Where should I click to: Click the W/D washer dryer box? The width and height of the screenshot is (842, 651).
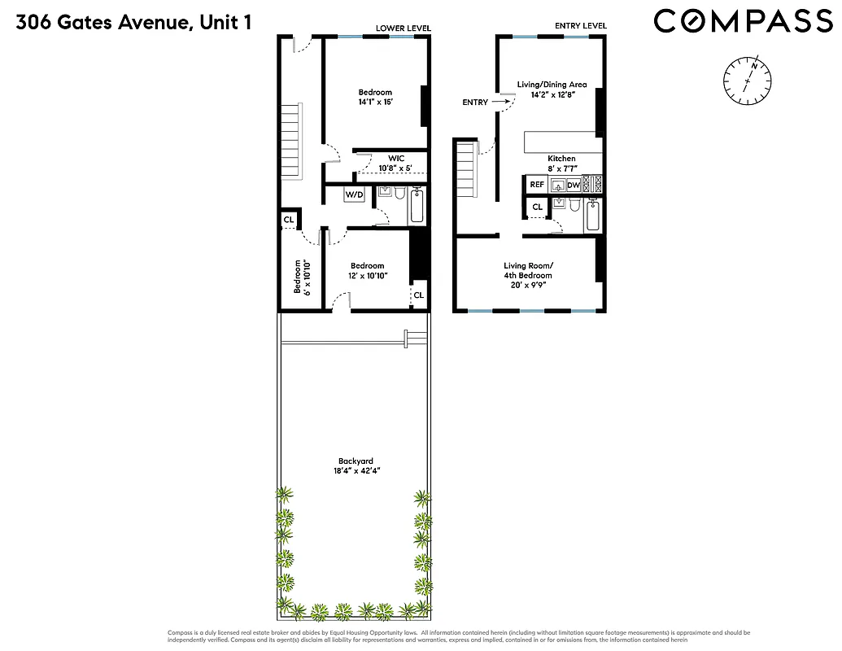[354, 195]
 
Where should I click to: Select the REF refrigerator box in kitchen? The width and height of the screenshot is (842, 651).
[537, 185]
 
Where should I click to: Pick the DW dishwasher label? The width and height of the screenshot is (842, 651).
[574, 185]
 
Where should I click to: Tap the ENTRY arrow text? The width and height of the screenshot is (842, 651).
[475, 103]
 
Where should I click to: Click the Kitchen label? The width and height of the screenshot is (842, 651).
[561, 159]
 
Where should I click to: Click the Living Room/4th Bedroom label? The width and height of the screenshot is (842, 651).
[529, 275]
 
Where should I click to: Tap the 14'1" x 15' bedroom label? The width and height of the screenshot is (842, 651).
[375, 97]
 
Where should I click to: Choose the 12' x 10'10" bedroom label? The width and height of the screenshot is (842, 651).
[367, 271]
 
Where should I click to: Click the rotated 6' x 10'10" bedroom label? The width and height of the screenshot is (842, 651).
[302, 277]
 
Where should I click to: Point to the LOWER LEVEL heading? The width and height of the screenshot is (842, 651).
[402, 28]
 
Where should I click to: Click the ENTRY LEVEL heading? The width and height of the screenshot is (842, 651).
[581, 26]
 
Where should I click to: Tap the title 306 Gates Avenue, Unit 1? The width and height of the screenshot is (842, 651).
[134, 22]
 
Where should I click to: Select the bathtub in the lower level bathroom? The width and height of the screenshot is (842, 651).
[417, 206]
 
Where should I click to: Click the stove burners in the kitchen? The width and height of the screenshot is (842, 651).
[592, 185]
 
